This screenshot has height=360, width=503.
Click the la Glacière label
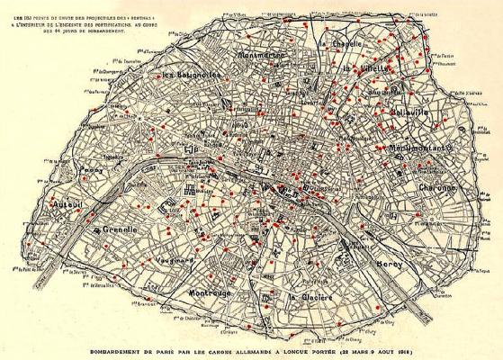point(310,296)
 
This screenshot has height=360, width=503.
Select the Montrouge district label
point(212,293)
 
